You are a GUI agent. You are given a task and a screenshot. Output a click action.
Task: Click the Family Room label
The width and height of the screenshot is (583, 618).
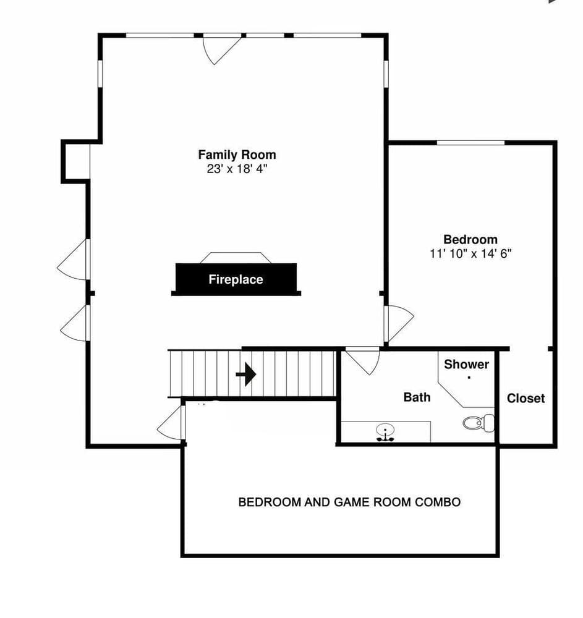[237, 154]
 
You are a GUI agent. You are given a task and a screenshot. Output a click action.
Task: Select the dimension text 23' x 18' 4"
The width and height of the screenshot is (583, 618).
[237, 168]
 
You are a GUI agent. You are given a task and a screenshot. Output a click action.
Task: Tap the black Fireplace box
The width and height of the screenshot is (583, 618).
[236, 279]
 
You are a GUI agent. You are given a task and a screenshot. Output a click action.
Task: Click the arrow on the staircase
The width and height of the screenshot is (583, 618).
[246, 374]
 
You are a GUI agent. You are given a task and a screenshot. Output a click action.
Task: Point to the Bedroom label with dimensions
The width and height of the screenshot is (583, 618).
[470, 240]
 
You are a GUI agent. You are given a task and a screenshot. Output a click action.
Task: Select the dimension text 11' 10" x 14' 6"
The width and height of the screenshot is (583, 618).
[470, 253]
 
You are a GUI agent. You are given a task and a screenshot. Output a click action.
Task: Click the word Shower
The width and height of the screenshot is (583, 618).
[466, 365]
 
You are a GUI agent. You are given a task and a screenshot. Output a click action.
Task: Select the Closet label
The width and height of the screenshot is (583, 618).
[526, 399]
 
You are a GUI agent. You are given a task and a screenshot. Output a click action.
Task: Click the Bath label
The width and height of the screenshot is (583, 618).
[417, 397]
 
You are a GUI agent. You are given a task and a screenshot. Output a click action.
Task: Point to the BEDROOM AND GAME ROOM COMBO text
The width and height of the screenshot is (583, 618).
[349, 502]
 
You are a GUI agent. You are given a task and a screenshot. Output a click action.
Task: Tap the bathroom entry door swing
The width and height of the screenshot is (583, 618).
[364, 360]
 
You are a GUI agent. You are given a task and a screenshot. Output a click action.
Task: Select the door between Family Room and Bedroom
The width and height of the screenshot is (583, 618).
[398, 323]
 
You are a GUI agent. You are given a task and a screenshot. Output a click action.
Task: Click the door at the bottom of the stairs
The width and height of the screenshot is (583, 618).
[172, 424]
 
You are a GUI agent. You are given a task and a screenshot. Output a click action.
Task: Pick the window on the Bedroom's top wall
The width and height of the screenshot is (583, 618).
[470, 143]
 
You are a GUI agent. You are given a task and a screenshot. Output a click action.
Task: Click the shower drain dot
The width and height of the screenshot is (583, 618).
[469, 376]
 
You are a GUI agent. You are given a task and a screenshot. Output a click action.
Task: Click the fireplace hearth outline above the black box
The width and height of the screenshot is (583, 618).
[236, 258]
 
